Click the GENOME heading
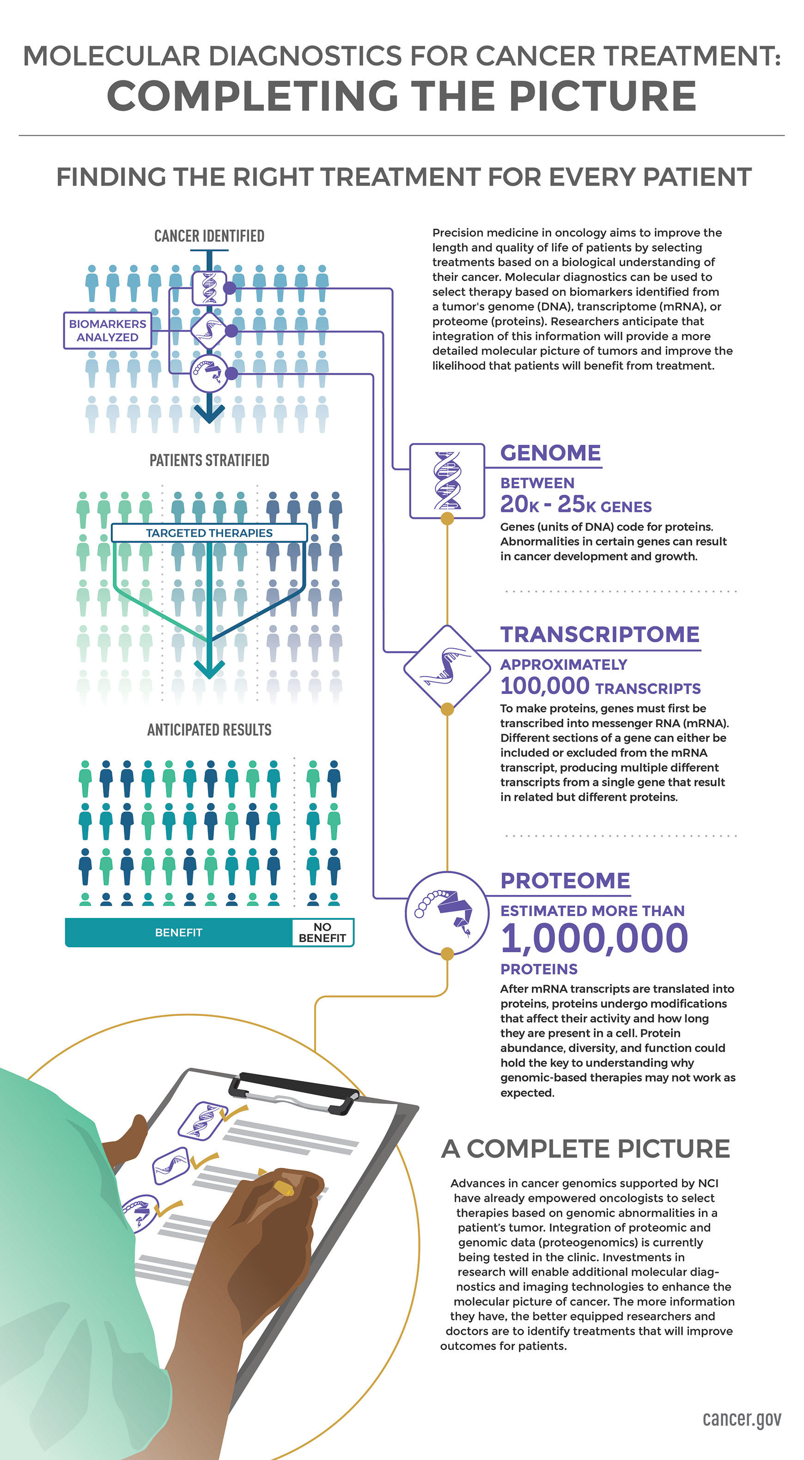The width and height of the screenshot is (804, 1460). click(550, 453)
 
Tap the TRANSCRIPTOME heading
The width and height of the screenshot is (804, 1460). click(600, 634)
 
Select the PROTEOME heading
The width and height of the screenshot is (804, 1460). click(565, 880)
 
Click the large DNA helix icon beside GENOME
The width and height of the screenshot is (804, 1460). click(447, 481)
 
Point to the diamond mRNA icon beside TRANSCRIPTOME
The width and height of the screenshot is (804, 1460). click(447, 668)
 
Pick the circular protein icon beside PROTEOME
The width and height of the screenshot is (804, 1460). click(447, 913)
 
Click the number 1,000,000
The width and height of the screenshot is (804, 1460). click(594, 938)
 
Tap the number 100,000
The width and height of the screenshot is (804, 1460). click(545, 686)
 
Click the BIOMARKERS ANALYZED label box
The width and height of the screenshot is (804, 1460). click(108, 330)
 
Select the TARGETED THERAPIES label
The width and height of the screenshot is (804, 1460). click(209, 533)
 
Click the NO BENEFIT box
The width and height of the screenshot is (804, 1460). click(322, 932)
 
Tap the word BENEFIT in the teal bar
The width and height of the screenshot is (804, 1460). click(179, 932)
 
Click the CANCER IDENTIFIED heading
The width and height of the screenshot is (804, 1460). click(209, 236)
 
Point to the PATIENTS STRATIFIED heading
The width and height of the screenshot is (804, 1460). click(209, 460)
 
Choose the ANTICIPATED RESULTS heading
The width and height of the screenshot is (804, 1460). click(209, 730)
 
